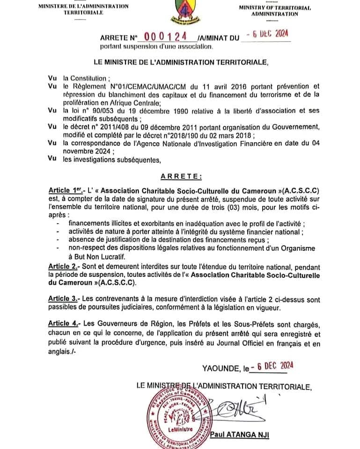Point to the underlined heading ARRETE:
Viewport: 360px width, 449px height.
pos(181,176)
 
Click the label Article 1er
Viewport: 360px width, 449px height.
pos(65,191)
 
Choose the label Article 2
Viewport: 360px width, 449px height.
pos(64,266)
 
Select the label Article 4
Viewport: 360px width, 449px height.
pos(64,324)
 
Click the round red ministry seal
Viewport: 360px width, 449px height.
pos(178,413)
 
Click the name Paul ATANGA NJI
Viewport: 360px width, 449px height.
pos(240,435)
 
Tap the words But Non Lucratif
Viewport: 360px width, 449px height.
pos(96,256)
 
